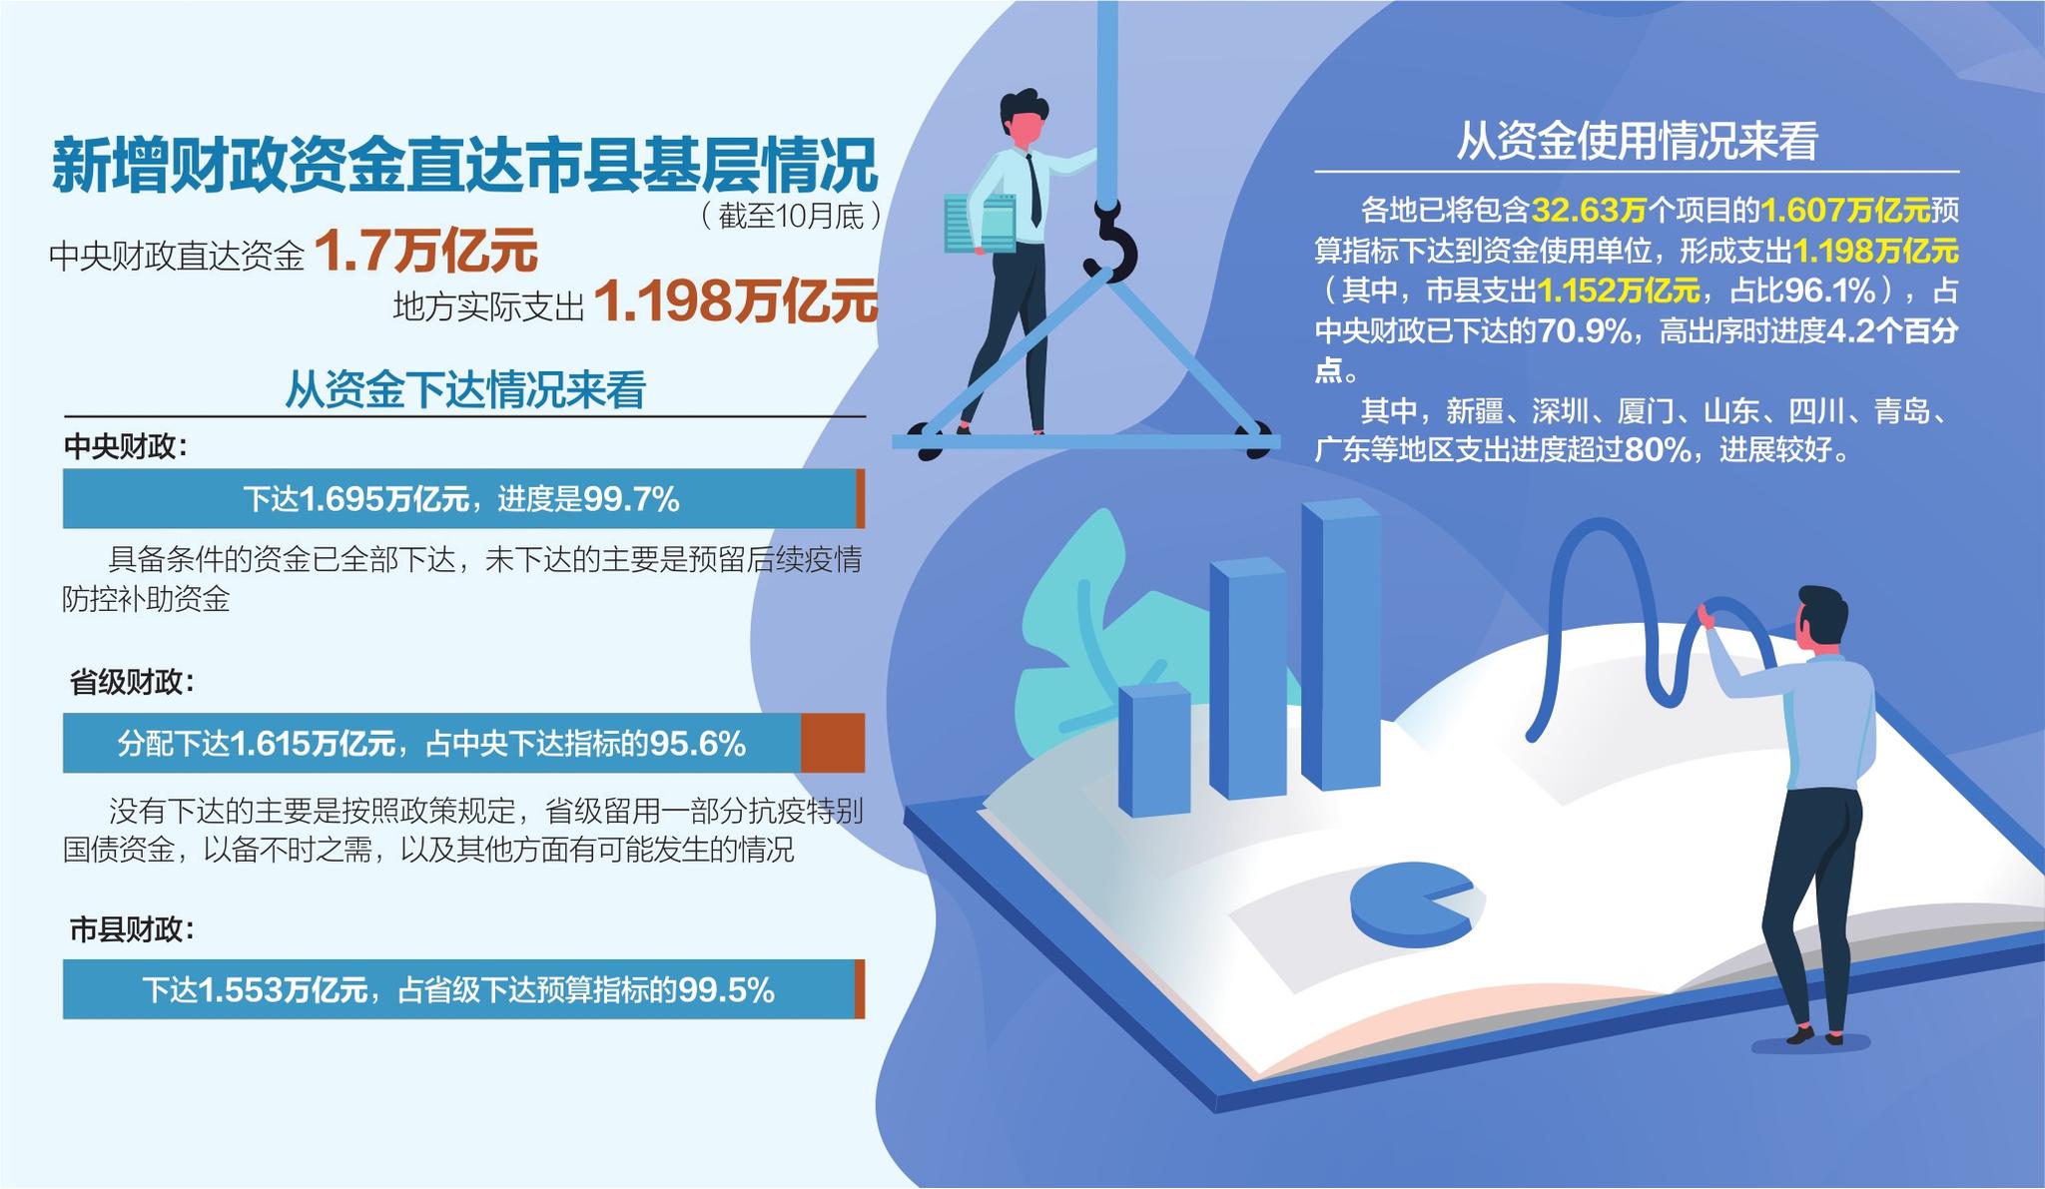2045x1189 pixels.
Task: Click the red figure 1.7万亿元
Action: pos(426,251)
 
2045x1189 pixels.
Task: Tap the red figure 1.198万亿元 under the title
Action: pos(736,300)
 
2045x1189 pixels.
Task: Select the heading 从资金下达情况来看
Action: pos(465,389)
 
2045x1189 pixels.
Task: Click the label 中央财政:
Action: pos(126,446)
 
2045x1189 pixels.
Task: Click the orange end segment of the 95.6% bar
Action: pos(833,743)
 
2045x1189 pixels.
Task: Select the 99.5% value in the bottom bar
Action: pos(726,989)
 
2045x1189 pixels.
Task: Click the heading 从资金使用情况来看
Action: pos(1637,142)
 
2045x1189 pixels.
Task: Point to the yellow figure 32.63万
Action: pos(1589,211)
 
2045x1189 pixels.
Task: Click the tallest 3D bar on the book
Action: pos(1341,644)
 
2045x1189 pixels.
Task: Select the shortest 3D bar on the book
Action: pos(1154,749)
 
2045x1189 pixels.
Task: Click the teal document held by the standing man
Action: pos(981,222)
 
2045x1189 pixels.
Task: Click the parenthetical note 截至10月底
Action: pos(790,216)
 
